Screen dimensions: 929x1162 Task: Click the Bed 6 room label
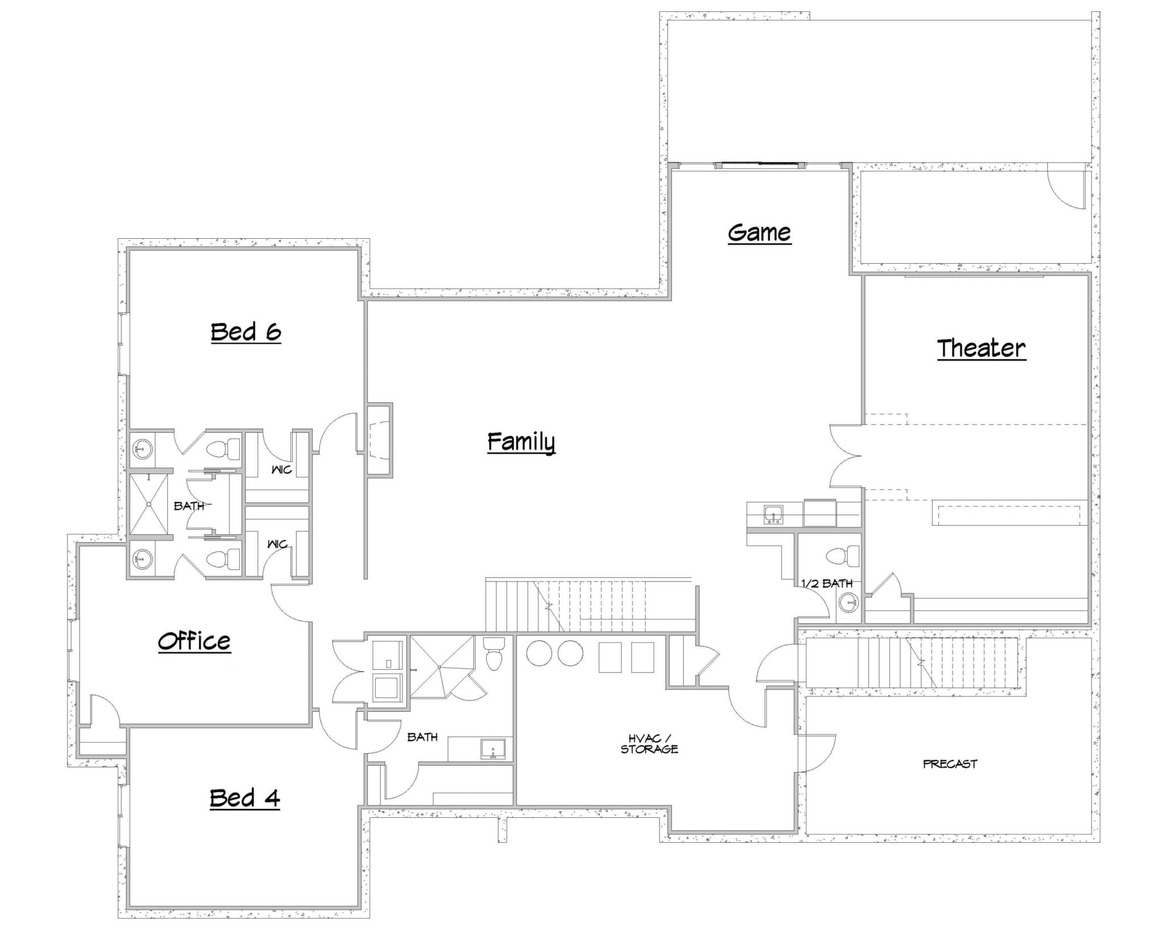pyautogui.click(x=246, y=332)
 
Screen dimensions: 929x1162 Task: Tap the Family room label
pyautogui.click(x=521, y=442)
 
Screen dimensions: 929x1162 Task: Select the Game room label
pyautogui.click(x=759, y=233)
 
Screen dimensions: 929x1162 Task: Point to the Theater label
pyautogui.click(x=981, y=348)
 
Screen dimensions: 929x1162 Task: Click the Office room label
pyautogui.click(x=194, y=641)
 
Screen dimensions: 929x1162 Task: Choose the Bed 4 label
pyautogui.click(x=245, y=798)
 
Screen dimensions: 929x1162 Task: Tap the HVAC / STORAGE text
pyautogui.click(x=649, y=744)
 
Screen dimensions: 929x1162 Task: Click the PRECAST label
pyautogui.click(x=950, y=764)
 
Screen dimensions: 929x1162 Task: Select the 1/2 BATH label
pyautogui.click(x=827, y=583)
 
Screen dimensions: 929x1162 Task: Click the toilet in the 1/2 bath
pyautogui.click(x=844, y=556)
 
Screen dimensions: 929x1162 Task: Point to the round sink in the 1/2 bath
pyautogui.click(x=848, y=603)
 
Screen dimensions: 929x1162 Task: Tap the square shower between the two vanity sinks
pyautogui.click(x=149, y=504)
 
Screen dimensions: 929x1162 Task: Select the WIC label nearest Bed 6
pyautogui.click(x=281, y=470)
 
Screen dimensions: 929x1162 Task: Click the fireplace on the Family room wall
pyautogui.click(x=379, y=440)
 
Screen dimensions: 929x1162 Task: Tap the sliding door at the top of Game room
pyautogui.click(x=759, y=165)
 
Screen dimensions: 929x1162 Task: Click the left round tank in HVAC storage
pyautogui.click(x=539, y=653)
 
